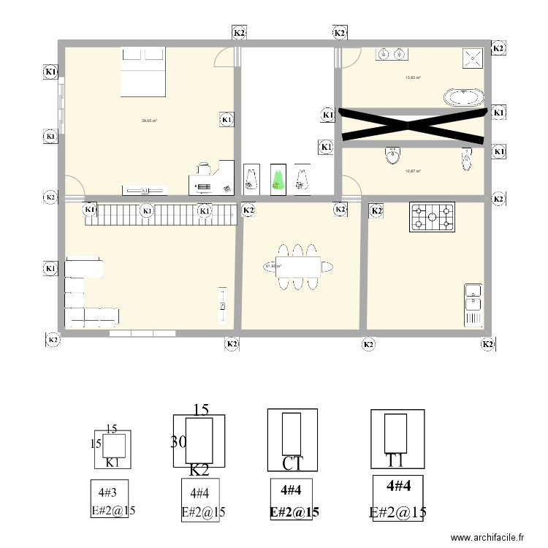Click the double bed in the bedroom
point(143,72)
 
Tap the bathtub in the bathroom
point(463,97)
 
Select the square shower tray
point(473,58)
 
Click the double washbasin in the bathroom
point(391,53)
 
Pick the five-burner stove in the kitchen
point(432,216)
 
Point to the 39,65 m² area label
point(149,121)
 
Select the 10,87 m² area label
point(413,171)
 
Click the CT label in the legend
point(292,463)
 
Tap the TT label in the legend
point(396,460)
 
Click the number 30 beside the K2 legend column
point(178,441)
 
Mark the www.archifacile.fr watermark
point(488,537)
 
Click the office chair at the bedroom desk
point(204,169)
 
